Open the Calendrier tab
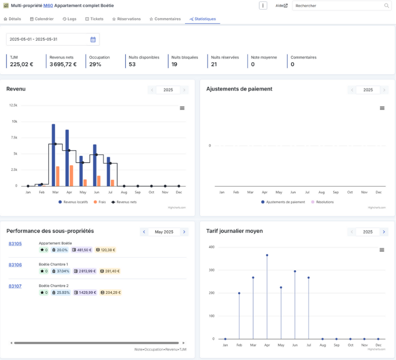[x=42, y=19]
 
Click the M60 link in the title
[x=48, y=6]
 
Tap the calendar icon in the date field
[x=93, y=39]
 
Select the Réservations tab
[x=126, y=19]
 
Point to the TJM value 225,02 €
[x=22, y=64]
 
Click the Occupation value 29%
[x=95, y=64]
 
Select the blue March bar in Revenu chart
[x=53, y=155]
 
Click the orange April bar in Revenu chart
[x=71, y=176]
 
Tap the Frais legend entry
[x=100, y=202]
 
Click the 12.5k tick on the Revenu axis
[x=13, y=105]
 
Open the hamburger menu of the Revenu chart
[x=182, y=108]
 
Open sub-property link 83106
[x=15, y=265]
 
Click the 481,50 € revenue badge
[x=82, y=250]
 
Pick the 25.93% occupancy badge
[x=61, y=293]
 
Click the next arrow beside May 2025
[x=184, y=232]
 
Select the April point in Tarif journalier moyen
[x=267, y=255]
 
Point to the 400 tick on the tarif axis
[x=212, y=247]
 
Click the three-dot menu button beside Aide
[x=263, y=6]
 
